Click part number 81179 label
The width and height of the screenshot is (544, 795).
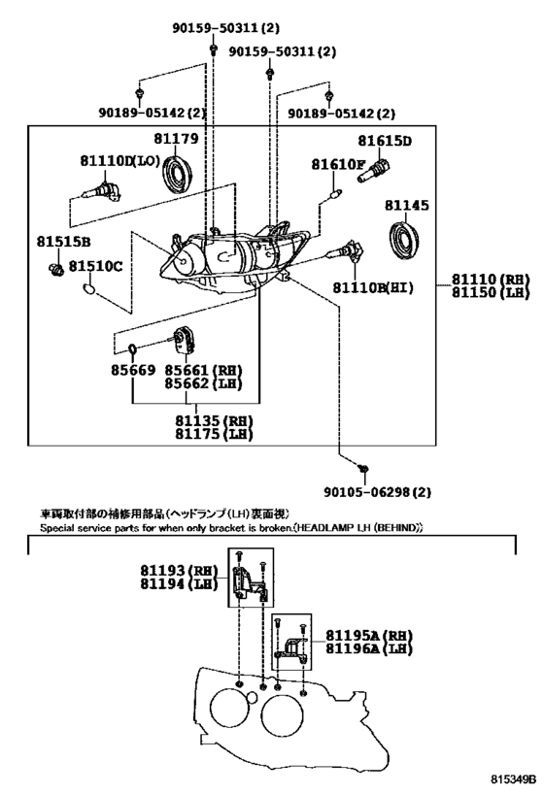tap(176, 138)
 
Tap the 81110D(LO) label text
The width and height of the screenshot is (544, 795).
tap(120, 161)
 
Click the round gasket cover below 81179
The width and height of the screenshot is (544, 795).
tap(177, 175)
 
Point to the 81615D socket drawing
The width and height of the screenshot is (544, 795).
tap(373, 171)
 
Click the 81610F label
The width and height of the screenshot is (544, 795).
tap(338, 164)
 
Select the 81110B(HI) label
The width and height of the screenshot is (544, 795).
tap(373, 287)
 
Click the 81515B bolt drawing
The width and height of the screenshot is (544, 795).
tap(54, 269)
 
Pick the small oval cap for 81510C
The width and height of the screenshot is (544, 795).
tap(88, 289)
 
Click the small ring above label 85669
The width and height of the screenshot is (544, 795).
tap(132, 348)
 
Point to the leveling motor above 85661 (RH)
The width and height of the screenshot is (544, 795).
tap(183, 339)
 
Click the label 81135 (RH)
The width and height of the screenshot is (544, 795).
tap(214, 420)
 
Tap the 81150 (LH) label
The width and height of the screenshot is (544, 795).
tap(491, 292)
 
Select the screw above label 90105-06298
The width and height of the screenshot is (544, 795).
tap(363, 469)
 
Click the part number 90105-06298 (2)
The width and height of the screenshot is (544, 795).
tap(378, 492)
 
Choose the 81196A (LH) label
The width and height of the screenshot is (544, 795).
tap(369, 648)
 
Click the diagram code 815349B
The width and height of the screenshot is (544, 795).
tap(513, 778)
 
